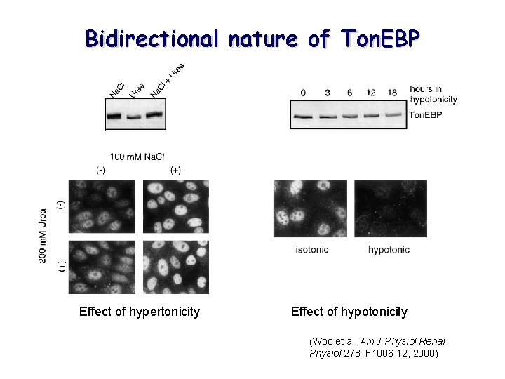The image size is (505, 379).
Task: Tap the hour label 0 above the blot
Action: point(303,93)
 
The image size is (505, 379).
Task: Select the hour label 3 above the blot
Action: point(327,93)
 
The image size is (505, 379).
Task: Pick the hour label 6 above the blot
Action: point(349,93)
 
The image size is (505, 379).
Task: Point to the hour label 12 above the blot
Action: point(371,93)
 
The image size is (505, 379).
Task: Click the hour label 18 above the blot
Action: point(393,93)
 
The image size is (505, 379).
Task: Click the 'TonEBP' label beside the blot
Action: point(425,114)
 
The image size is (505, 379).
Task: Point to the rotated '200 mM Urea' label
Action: point(43,235)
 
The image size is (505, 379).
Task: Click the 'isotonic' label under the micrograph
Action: point(311,250)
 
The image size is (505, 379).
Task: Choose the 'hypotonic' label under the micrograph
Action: point(389,250)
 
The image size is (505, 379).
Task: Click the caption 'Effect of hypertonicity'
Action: point(140,311)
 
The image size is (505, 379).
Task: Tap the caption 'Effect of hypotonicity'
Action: point(349,311)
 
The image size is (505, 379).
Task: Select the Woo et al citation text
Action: point(377,347)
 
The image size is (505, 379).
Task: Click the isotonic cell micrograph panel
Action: point(311,210)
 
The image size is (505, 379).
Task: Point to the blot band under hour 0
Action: point(303,117)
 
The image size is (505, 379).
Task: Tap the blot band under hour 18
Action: point(394,114)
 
